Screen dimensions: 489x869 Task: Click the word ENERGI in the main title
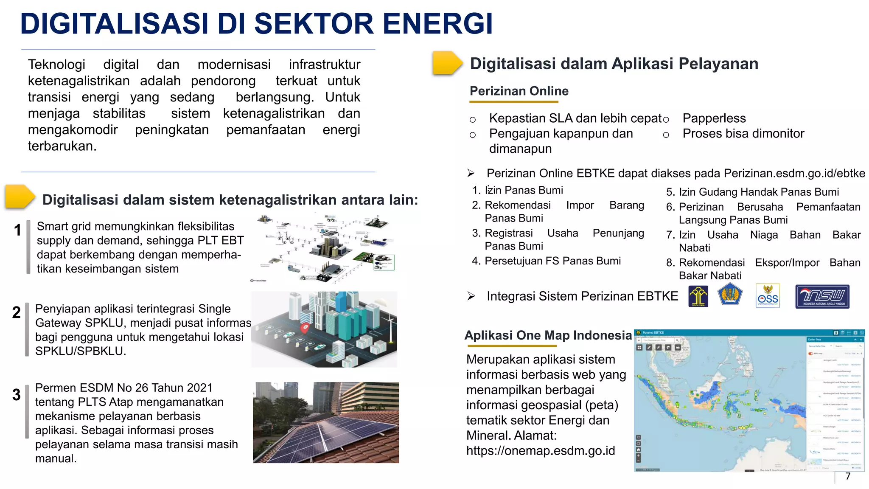pos(438,24)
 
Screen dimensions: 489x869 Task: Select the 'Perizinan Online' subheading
pos(519,91)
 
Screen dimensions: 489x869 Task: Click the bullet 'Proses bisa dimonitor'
pos(743,134)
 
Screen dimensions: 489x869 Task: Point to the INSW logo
pos(822,296)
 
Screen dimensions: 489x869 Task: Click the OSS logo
pos(768,296)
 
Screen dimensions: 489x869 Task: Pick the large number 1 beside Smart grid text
pos(17,230)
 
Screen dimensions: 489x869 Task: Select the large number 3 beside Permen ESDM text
pos(17,395)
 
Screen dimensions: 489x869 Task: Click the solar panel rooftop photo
pos(326,422)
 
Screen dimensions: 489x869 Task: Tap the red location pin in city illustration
pos(305,328)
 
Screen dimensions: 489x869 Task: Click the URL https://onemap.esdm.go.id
pos(540,451)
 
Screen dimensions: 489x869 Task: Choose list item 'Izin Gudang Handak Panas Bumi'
pos(758,192)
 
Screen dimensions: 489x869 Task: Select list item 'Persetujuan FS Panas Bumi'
pos(552,261)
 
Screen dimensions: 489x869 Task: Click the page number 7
pos(847,476)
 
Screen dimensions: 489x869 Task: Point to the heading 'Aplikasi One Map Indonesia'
pos(548,335)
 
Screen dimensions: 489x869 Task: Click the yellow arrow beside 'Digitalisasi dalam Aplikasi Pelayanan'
pos(446,63)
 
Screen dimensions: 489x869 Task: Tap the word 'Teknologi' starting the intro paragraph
pos(56,65)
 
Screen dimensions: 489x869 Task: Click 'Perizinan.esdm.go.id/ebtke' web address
pos(794,174)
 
